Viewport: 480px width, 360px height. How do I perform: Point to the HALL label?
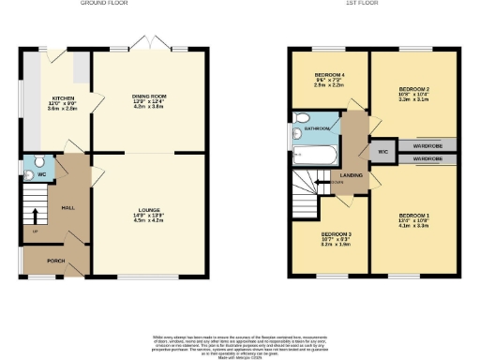pyautogui.click(x=68, y=208)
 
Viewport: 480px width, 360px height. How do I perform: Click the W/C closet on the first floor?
pyautogui.click(x=382, y=151)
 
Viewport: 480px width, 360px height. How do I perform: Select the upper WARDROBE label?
pyautogui.click(x=427, y=145)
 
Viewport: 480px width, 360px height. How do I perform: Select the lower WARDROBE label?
pyautogui.click(x=427, y=158)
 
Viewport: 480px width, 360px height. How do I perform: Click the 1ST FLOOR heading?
pyautogui.click(x=372, y=4)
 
